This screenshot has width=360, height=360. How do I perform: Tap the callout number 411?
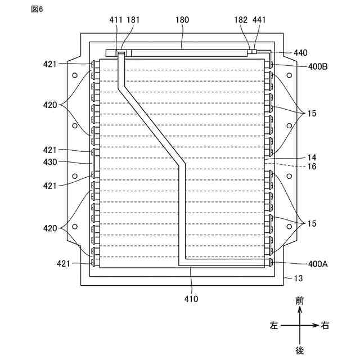[x=116, y=20]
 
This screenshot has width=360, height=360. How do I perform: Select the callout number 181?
[x=133, y=20]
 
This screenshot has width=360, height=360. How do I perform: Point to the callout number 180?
[x=182, y=20]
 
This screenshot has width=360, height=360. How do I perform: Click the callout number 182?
[x=241, y=20]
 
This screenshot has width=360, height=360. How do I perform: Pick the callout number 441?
[x=259, y=20]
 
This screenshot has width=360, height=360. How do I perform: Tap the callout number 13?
[x=298, y=278]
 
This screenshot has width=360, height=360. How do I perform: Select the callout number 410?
[x=191, y=299]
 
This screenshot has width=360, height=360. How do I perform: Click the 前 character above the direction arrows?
[x=300, y=301]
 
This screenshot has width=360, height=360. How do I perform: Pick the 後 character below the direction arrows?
[x=300, y=350]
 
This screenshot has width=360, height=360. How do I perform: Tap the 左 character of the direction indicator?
[x=273, y=326]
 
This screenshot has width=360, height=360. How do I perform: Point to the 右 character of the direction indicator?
[x=325, y=326]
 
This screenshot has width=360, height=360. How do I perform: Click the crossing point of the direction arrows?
[x=300, y=326]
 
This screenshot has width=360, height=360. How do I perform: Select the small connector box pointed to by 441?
[x=254, y=51]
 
